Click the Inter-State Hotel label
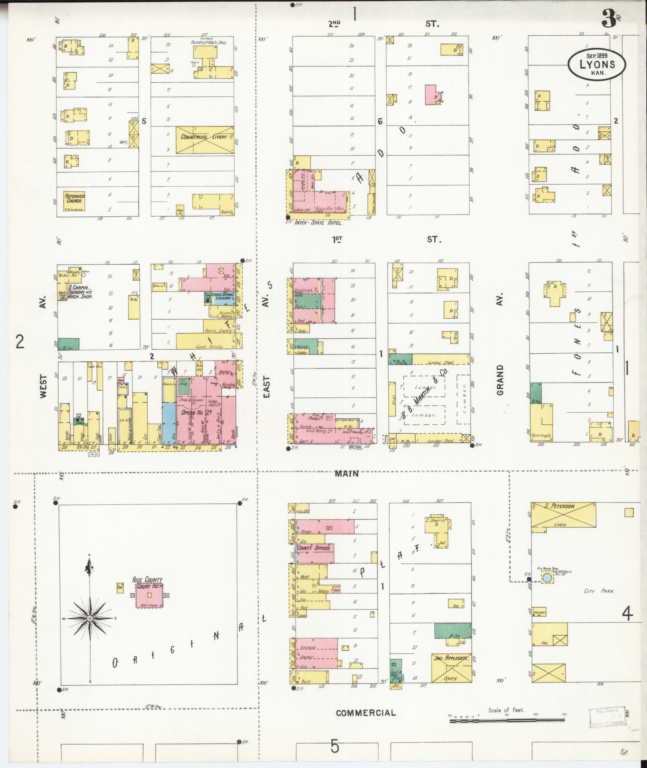(x=318, y=222)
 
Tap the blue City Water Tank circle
(x=547, y=578)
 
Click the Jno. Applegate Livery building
(x=451, y=668)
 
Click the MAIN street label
(x=347, y=474)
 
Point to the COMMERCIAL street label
(x=365, y=713)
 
